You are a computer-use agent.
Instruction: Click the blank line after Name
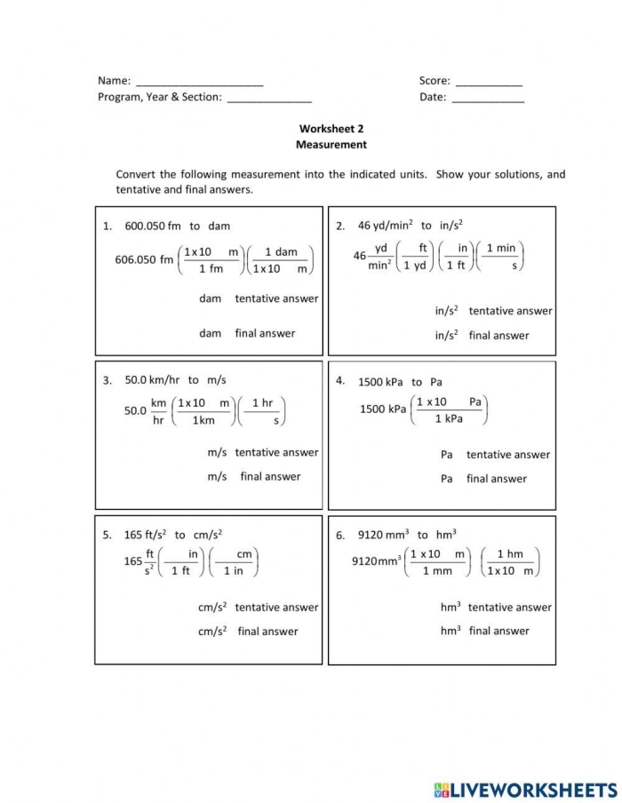(x=199, y=83)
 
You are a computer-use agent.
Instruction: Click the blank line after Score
(x=488, y=83)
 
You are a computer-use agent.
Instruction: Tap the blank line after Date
(x=488, y=99)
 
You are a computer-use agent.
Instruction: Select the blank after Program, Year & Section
(x=269, y=99)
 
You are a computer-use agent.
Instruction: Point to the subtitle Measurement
(x=331, y=144)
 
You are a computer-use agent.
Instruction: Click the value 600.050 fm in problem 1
(x=153, y=227)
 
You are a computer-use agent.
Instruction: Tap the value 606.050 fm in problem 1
(x=145, y=260)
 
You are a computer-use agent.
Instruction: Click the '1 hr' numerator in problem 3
(x=262, y=403)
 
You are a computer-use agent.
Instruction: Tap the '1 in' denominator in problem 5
(x=233, y=571)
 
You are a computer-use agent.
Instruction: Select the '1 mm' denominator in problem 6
(x=437, y=571)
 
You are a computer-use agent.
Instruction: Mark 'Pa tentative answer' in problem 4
(x=495, y=455)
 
